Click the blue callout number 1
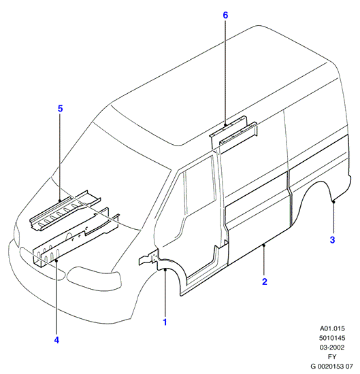point(165,322)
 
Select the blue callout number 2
point(265,282)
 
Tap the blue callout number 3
point(332,240)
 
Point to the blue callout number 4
point(56,340)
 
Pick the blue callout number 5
point(60,109)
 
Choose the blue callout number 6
point(225,15)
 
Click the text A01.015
point(332,328)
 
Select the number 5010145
point(332,338)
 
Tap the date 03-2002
point(332,347)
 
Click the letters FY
point(332,357)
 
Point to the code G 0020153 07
point(332,366)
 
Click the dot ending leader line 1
point(165,270)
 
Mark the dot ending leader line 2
point(264,245)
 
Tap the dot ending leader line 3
point(333,202)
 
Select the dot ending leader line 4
point(56,260)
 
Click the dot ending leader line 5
point(60,201)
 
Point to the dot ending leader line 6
point(225,124)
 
